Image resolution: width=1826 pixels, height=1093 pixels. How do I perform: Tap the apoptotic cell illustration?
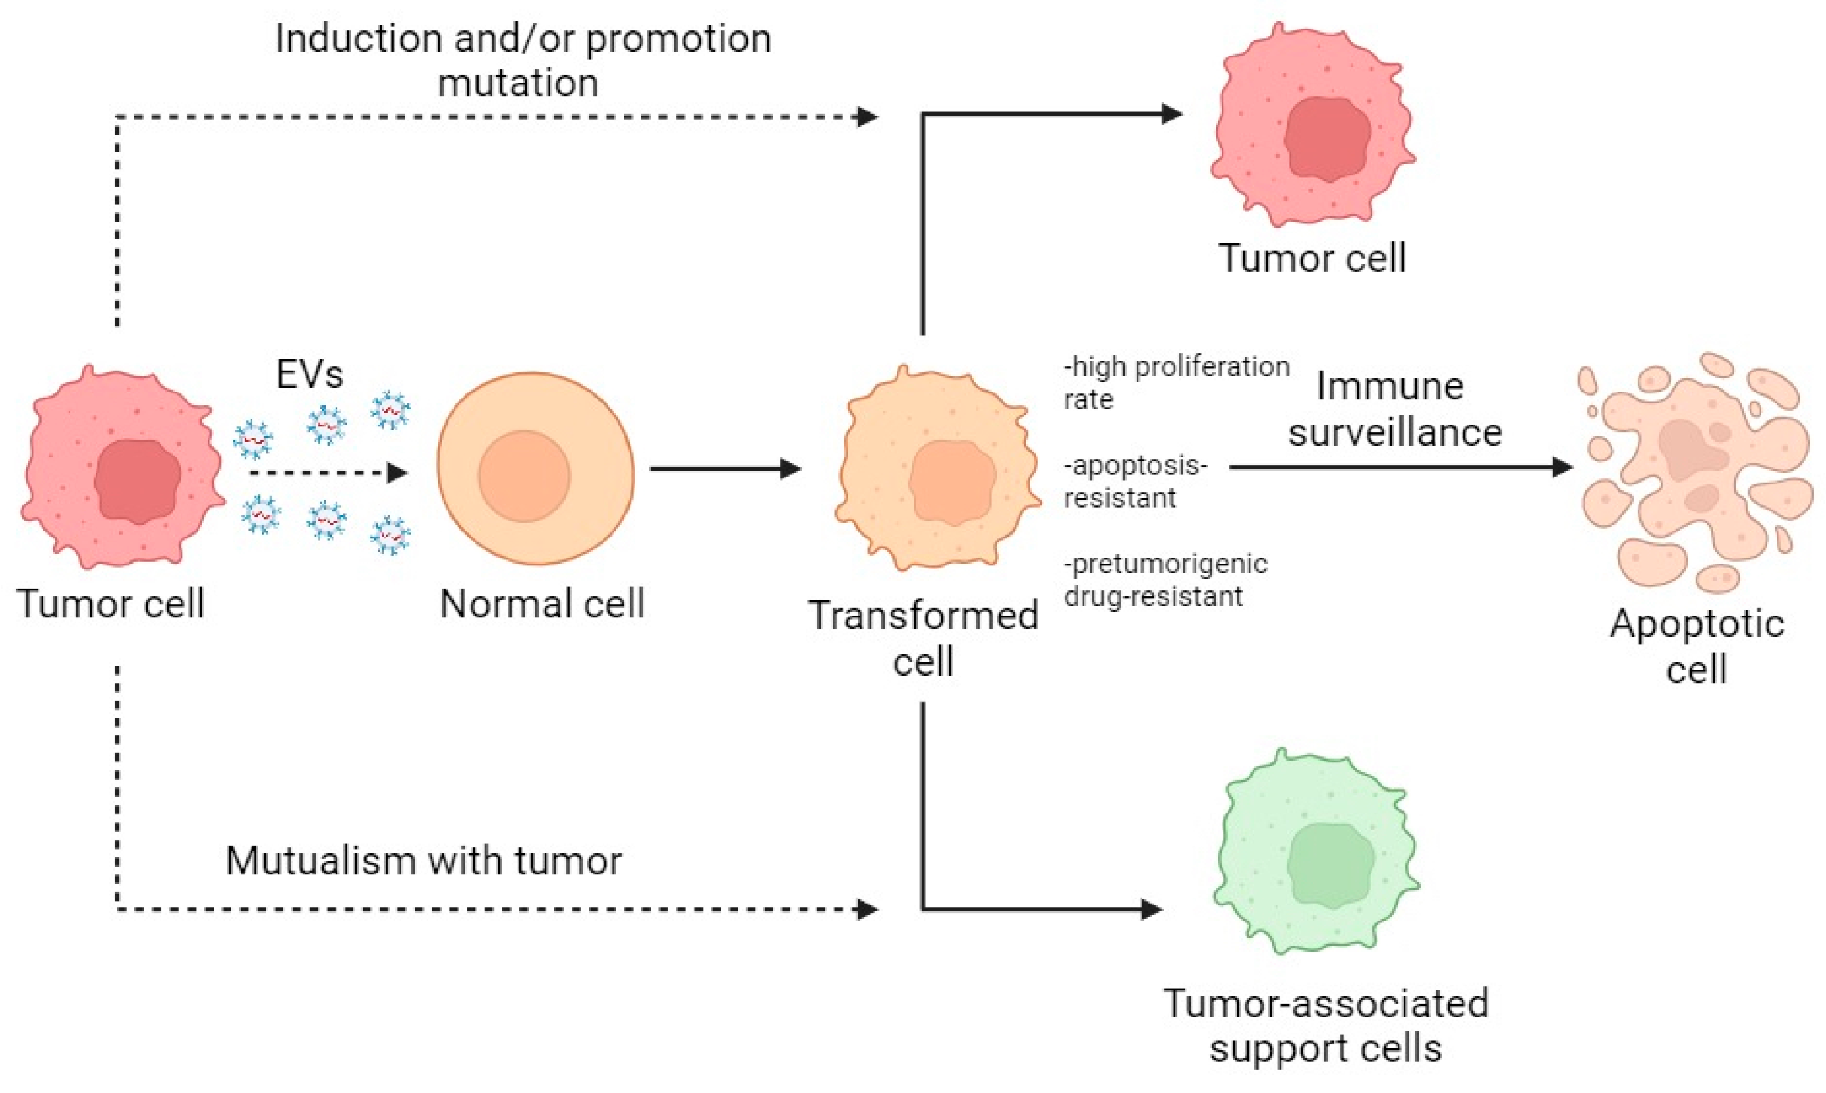1695,471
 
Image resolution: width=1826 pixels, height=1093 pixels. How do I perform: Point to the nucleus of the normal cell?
524,477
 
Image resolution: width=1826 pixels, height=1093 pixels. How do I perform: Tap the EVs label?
309,375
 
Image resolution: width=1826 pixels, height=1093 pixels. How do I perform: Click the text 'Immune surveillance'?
1393,409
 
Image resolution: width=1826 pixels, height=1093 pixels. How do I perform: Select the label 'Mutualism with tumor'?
424,860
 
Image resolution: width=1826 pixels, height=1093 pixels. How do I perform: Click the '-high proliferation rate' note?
1175,382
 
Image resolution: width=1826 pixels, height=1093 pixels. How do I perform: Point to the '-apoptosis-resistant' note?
1135,481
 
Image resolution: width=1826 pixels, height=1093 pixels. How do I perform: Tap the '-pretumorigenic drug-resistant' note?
1164,580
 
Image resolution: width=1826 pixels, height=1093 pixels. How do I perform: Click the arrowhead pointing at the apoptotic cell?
1561,467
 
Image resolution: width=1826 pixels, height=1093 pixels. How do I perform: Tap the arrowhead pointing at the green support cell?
1151,909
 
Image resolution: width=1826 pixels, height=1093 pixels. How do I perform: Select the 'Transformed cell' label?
924,638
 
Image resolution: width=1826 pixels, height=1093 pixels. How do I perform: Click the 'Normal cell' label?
542,604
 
